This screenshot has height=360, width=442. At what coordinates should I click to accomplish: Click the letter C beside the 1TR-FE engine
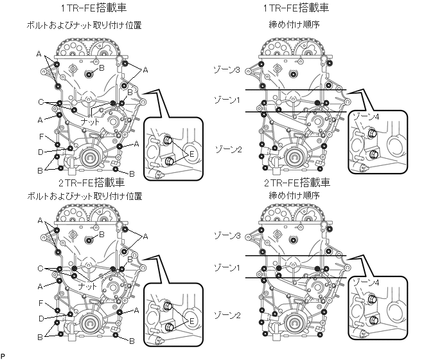40,102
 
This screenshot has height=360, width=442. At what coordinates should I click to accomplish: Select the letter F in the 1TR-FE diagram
40,136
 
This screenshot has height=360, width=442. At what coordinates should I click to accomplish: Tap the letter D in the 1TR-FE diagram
40,152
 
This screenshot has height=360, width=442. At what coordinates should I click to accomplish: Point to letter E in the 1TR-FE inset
191,154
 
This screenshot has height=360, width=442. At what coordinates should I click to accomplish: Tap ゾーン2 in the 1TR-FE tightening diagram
229,149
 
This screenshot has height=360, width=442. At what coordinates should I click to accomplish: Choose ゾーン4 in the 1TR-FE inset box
367,118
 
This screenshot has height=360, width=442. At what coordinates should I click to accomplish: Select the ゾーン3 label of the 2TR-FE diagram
229,236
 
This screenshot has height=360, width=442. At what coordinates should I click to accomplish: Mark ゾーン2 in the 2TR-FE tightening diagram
229,316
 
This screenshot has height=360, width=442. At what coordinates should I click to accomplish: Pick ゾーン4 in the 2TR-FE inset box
367,283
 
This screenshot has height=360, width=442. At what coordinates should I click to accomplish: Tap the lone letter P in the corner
3,355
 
